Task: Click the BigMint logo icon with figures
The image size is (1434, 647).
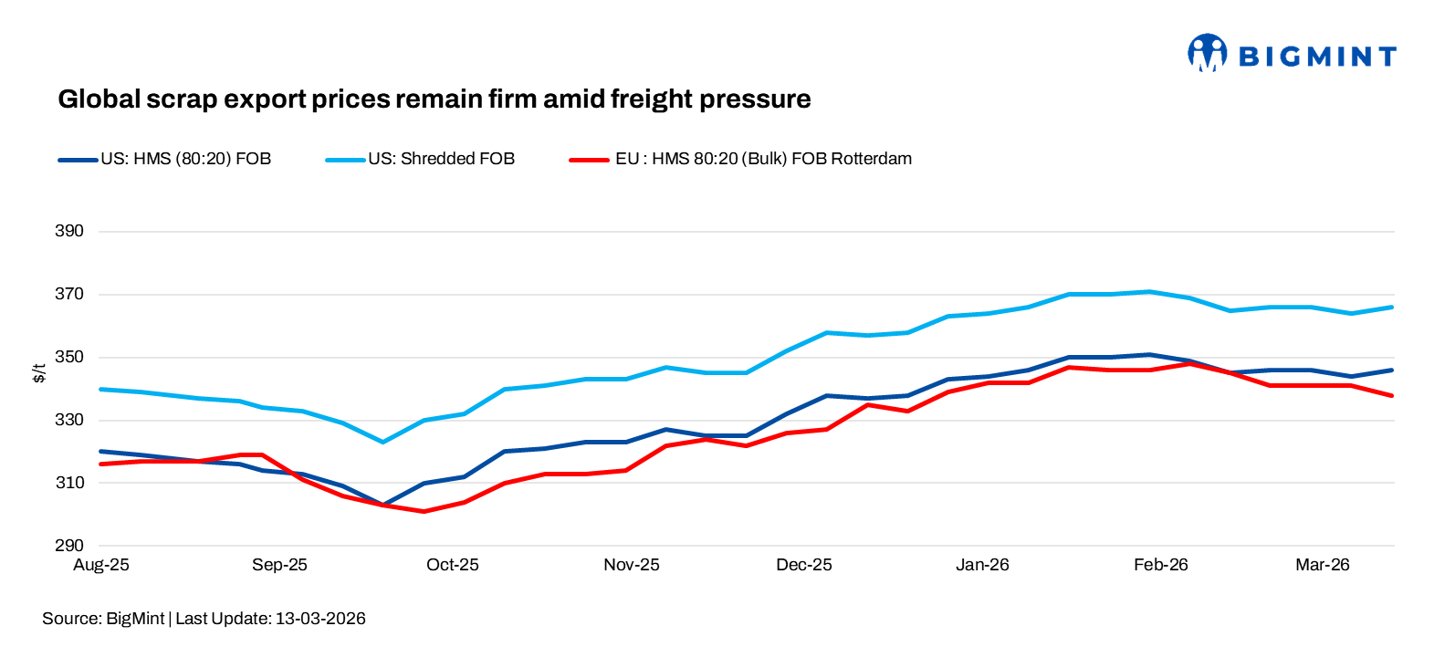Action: coord(1207,53)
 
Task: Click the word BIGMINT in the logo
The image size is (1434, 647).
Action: coord(1317,57)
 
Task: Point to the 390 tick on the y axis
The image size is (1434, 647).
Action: coord(69,231)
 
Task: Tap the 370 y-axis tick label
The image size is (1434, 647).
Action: coord(69,294)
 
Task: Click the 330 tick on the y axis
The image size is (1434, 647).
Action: coord(69,420)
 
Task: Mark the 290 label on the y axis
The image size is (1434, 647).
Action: coord(69,546)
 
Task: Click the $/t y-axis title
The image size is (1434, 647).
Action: coord(39,372)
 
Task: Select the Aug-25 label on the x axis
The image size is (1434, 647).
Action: coord(101,565)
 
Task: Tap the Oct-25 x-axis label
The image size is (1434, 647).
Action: coord(453,565)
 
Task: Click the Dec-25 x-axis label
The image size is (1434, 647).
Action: coord(804,565)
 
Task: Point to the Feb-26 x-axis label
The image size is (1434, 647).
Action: coord(1161,565)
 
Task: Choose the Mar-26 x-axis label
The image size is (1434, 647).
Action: coord(1323,565)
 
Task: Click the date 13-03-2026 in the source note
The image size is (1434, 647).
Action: coord(320,619)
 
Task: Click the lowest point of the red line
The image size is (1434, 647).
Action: coord(424,511)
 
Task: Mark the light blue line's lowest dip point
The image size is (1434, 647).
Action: coord(382,442)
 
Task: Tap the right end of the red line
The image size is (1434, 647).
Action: coord(1392,395)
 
